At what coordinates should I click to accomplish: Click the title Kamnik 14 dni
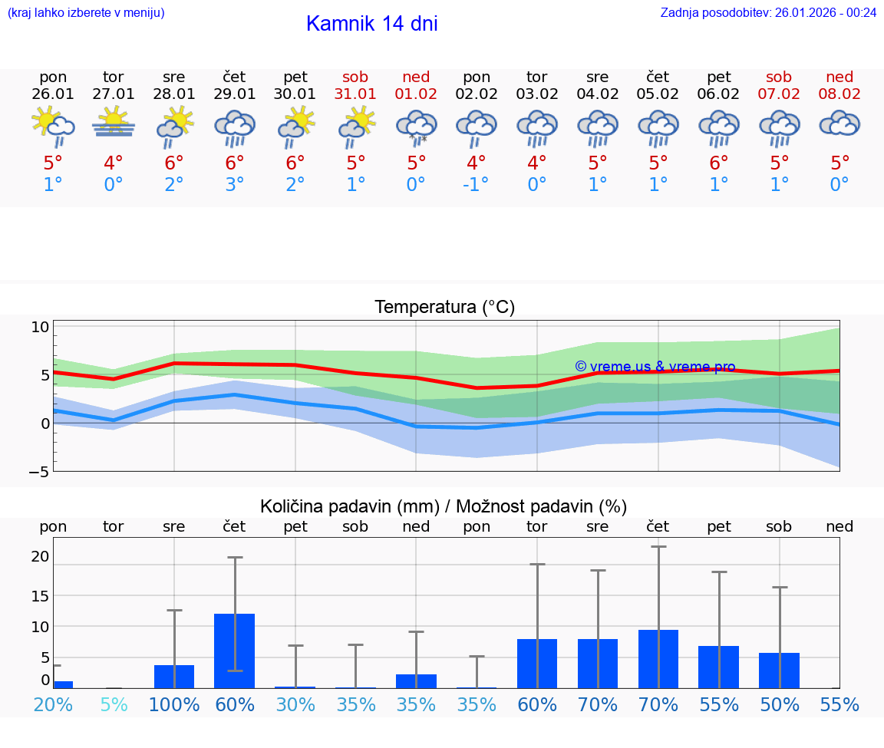click(x=371, y=24)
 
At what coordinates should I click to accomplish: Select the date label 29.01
click(x=234, y=94)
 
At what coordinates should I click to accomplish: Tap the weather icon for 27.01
click(x=114, y=124)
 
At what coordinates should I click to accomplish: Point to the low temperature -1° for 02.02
click(x=477, y=185)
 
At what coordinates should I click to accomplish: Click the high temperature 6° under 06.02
click(x=719, y=163)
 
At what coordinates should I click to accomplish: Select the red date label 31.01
click(x=355, y=94)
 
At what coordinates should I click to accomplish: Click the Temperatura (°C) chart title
click(x=444, y=308)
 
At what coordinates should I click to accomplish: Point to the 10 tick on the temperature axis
click(x=40, y=327)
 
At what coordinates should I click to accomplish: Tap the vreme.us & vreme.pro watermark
click(x=655, y=367)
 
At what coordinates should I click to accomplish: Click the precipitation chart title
click(x=444, y=506)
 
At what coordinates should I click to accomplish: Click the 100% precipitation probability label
click(x=174, y=705)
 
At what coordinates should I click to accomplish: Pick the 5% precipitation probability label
click(x=114, y=705)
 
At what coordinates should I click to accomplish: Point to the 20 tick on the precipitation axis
click(x=40, y=556)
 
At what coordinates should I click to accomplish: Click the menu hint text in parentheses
click(x=85, y=12)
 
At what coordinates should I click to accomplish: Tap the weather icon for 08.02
click(x=839, y=124)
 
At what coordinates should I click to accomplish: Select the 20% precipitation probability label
click(x=53, y=705)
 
